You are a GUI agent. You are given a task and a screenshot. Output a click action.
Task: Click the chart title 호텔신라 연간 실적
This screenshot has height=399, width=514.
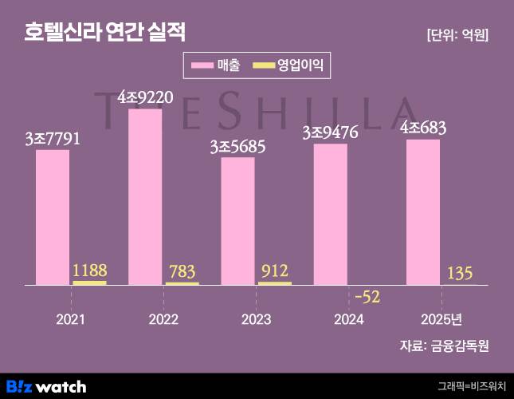[104, 33]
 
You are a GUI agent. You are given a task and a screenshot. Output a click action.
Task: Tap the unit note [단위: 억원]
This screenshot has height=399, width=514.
[458, 34]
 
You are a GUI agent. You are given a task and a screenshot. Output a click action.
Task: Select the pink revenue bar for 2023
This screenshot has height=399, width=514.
[237, 221]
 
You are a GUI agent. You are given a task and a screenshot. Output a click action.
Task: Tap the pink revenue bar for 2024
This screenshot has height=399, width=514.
[331, 214]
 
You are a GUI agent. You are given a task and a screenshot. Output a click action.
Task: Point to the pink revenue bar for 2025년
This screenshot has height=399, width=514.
[423, 212]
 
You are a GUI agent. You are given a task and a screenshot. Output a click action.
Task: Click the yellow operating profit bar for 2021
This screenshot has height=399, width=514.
[89, 282]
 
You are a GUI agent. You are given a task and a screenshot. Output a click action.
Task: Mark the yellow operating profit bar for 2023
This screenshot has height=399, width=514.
[274, 282]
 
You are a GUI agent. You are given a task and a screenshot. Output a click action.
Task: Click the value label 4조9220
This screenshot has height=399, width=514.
[145, 97]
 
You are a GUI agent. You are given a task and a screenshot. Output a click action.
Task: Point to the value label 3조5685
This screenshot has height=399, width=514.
[237, 147]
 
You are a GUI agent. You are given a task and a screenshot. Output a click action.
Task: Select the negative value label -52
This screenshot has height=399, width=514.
[367, 297]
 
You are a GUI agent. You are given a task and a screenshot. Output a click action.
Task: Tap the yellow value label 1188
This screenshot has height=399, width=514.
[89, 270]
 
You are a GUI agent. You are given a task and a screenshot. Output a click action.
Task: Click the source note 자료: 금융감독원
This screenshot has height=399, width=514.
[444, 346]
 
